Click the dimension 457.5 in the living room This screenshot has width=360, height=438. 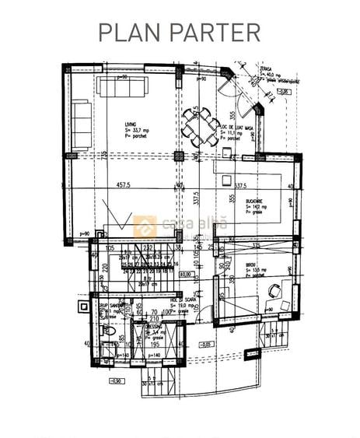[x=130, y=186]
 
